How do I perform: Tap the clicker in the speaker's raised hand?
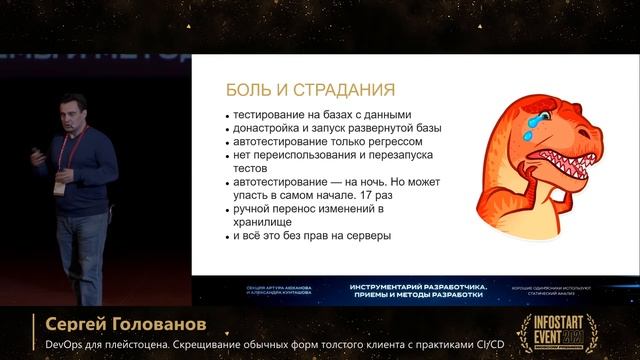click(x=37, y=152)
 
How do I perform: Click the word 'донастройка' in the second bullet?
click(x=269, y=128)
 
